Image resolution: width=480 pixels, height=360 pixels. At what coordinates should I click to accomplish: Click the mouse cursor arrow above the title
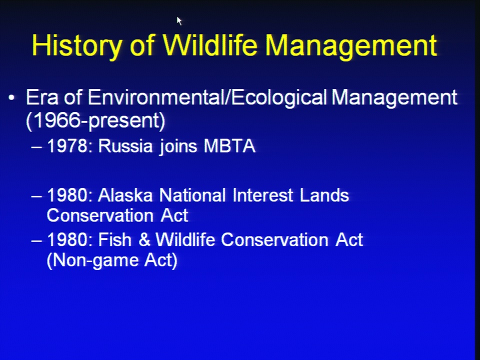tap(179, 21)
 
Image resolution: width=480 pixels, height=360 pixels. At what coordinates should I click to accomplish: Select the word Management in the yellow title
tap(351, 46)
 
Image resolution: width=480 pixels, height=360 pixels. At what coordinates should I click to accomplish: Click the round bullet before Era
tap(11, 98)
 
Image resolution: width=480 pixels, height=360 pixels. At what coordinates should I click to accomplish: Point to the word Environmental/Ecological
tap(207, 98)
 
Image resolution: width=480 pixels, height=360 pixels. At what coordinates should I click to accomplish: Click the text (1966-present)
tap(95, 120)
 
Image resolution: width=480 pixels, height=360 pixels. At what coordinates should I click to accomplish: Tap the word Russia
tap(125, 145)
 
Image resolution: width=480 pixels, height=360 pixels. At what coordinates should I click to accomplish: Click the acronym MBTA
tap(229, 145)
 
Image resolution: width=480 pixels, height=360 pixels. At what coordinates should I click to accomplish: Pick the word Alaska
tap(125, 195)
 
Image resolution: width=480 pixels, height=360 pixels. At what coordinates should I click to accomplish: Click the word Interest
tap(263, 195)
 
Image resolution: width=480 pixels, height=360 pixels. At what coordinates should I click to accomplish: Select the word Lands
tap(324, 195)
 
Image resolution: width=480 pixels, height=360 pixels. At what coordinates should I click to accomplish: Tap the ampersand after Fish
tap(144, 239)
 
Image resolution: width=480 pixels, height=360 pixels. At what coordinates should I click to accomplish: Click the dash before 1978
tap(36, 147)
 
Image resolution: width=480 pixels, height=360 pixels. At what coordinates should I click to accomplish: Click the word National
tap(192, 195)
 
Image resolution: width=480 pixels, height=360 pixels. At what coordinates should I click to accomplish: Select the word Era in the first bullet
tap(42, 98)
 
